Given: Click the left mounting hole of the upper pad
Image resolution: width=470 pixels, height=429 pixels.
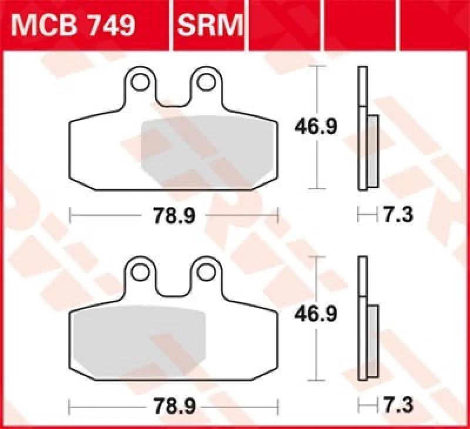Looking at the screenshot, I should coord(140,82).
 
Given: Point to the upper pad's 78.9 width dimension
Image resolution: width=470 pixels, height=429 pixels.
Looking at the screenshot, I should coord(174,216).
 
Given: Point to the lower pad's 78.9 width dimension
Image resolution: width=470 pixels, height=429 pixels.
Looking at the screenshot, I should coord(174,406).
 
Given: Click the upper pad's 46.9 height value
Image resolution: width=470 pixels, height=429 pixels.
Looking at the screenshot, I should coord(316,127).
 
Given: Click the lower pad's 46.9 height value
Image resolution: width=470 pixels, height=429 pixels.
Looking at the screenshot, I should coord(316,316).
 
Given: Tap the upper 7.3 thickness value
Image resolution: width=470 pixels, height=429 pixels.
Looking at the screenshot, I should coord(399,216).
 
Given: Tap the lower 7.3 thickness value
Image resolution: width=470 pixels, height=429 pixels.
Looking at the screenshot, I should coord(399,405).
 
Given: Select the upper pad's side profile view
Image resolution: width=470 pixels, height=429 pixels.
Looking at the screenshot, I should coord(367,129).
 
